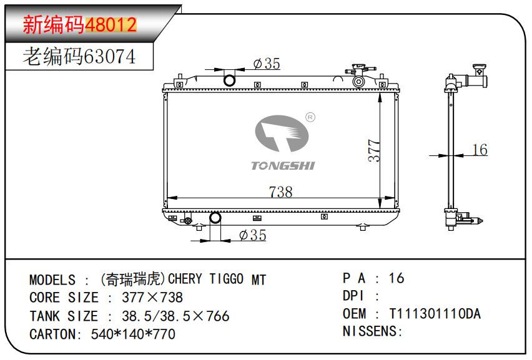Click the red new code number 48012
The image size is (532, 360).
tap(111, 25)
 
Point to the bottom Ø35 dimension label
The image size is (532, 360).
tap(253, 235)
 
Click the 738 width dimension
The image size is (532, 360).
tap(280, 192)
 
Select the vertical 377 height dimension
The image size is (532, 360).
tap(374, 150)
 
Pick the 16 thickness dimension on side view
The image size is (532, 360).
tap(479, 150)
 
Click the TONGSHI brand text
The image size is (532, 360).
tap(283, 165)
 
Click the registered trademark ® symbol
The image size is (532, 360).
tap(310, 117)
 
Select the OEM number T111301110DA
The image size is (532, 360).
tap(435, 314)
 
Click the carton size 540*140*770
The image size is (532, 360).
tap(133, 334)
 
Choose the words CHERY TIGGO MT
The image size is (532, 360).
tap(217, 279)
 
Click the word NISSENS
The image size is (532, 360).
tap(371, 331)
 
